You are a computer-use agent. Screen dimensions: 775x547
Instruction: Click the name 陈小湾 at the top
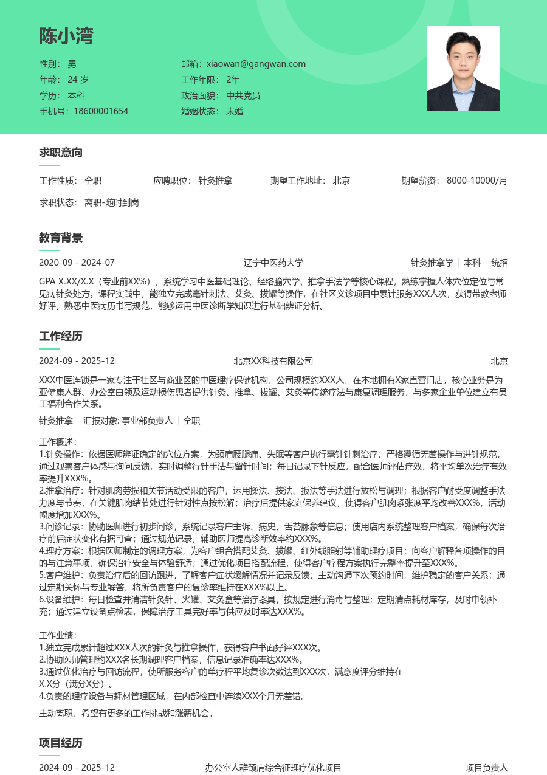pos(66,36)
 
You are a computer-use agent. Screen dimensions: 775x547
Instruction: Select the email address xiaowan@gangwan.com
pos(256,64)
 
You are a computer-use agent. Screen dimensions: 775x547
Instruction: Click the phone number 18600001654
pos(101,111)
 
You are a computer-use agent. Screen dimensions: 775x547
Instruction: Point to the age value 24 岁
pos(78,80)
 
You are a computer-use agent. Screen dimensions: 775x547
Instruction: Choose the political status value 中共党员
pos(243,95)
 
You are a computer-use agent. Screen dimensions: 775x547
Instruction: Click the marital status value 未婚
pos(235,111)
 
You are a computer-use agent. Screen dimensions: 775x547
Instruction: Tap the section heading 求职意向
pos(61,153)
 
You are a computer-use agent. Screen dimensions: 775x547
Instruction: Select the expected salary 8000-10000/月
pos(477,181)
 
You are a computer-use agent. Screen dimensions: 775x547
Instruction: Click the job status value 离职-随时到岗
pos(112,202)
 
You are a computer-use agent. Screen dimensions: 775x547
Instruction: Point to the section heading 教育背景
pos(61,238)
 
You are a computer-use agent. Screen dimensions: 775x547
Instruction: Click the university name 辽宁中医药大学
pos(273,263)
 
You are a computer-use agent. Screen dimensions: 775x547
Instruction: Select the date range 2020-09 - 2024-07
pos(77,263)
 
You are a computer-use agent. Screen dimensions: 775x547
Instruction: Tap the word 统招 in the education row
pos(500,263)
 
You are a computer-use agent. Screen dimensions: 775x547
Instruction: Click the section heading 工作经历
pos(61,336)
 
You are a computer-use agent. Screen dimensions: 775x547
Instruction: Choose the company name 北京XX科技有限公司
pos(273,361)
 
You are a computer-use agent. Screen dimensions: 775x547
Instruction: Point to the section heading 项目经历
pos(61,743)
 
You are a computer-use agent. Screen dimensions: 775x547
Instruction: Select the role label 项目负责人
pos(487,768)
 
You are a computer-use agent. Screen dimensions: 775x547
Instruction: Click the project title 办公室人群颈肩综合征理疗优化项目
pos(273,768)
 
